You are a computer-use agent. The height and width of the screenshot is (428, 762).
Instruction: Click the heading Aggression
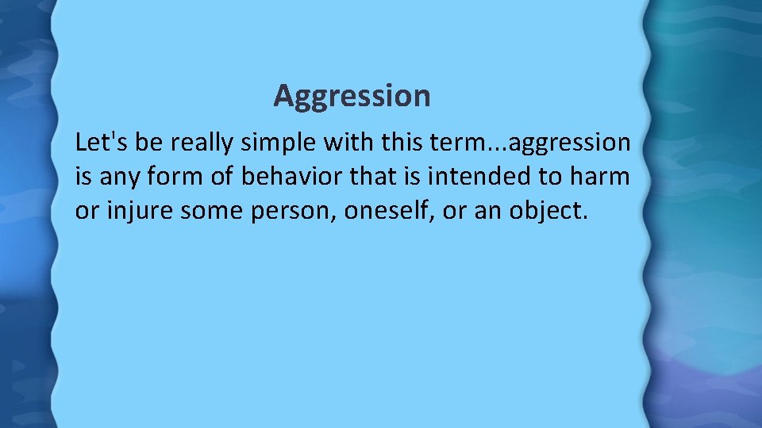coord(352,96)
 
